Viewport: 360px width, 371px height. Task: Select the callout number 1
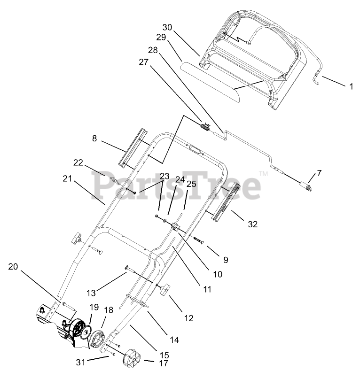[x=351, y=86]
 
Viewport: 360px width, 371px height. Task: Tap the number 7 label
[x=320, y=173]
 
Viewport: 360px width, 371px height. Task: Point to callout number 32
[x=252, y=224]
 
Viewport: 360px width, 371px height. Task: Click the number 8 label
[x=94, y=139]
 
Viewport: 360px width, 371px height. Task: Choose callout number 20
[x=13, y=267]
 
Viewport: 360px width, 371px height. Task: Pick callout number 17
[x=151, y=363]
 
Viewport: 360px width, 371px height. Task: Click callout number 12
[x=188, y=318]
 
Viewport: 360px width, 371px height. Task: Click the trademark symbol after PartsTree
[x=264, y=173]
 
